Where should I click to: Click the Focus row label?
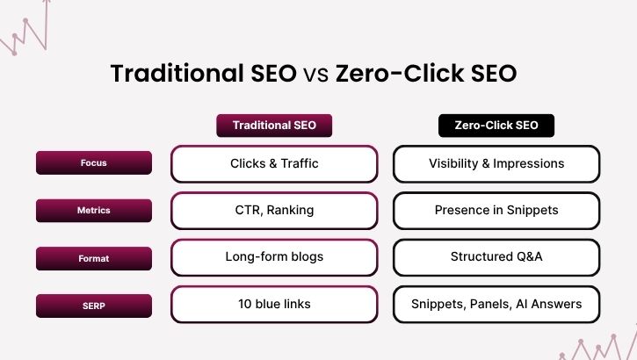pos(93,162)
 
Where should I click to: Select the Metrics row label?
pos(93,211)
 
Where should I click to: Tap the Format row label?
pos(93,258)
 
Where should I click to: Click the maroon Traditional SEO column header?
pos(274,126)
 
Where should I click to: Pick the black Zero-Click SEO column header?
pos(496,126)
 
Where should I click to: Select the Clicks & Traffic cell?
pos(274,163)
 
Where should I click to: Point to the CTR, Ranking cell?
pos(274,211)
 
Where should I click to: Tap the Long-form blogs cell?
pos(274,258)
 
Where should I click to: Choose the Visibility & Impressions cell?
pos(496,163)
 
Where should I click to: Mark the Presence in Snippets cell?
pos(496,211)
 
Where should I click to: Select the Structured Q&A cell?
pos(496,258)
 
